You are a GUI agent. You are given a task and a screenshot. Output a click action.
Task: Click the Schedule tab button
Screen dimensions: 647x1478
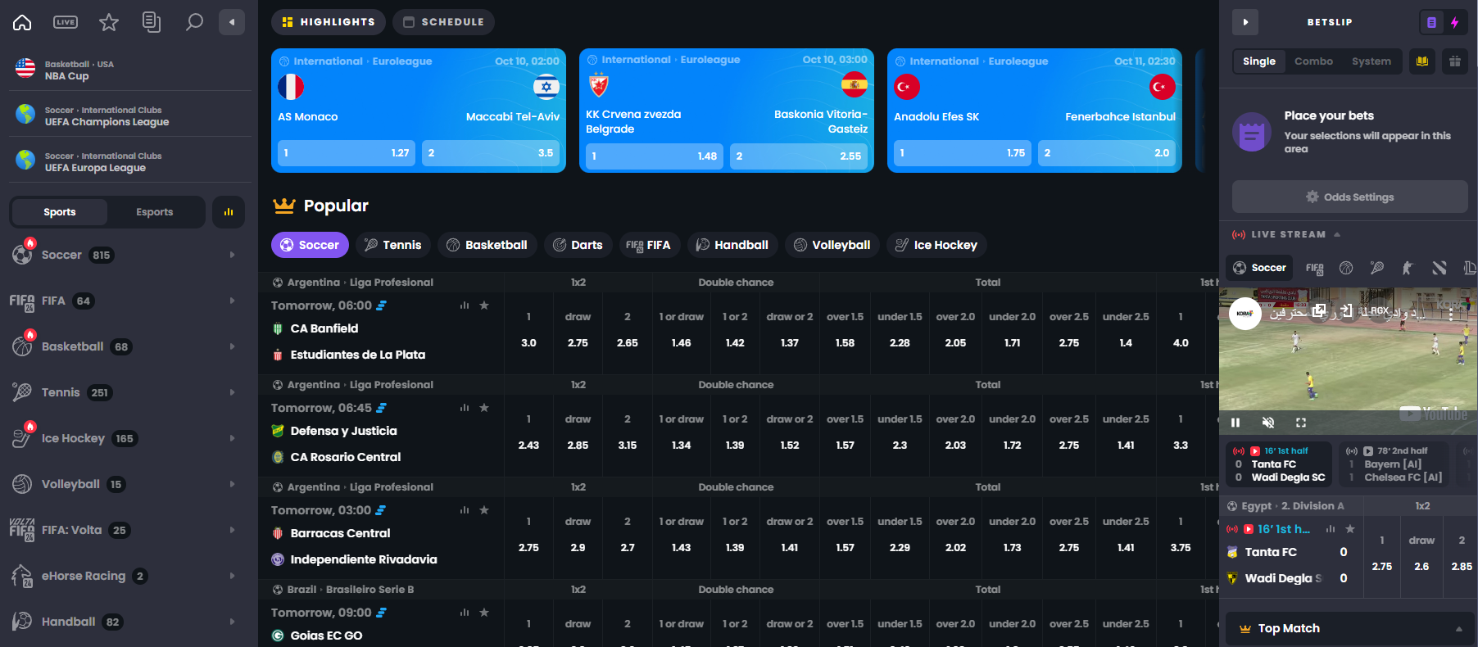443,22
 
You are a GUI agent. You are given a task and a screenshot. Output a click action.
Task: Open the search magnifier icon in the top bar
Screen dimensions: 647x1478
194,22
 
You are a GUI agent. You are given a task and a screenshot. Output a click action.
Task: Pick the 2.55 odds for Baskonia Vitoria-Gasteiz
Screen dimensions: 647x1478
798,156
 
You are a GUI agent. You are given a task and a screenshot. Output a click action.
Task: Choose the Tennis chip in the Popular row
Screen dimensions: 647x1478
392,245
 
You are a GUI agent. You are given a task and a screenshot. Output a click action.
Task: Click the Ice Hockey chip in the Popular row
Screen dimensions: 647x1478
936,245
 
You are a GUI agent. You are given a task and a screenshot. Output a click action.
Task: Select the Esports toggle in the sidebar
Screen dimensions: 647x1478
154,212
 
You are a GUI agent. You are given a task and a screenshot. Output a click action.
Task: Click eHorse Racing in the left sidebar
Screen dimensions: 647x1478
84,576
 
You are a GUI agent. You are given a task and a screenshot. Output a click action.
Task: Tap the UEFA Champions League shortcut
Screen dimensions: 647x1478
107,116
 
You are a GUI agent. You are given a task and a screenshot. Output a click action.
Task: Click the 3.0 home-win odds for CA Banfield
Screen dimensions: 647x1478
528,343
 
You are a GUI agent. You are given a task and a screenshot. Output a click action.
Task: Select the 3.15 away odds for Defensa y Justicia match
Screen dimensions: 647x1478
627,446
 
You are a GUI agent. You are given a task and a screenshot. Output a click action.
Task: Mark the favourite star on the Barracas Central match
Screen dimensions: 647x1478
484,510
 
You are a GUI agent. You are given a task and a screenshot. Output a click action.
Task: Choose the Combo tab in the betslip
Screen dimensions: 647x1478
1313,61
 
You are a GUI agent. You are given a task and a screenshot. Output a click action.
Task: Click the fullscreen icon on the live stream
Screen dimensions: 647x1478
1300,423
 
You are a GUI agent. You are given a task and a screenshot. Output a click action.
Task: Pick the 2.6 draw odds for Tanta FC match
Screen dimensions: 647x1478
1421,567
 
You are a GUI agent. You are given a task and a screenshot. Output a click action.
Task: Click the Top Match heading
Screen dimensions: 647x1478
1289,628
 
